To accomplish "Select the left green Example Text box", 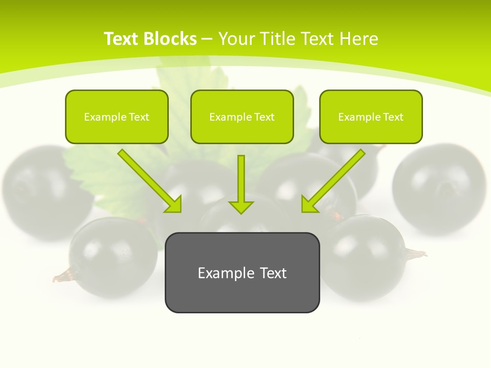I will click(x=117, y=117).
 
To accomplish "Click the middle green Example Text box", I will click(x=242, y=117).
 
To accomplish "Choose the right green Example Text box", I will click(x=371, y=117).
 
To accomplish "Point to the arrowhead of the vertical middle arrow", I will click(x=241, y=206).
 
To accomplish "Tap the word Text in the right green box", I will click(x=393, y=117).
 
